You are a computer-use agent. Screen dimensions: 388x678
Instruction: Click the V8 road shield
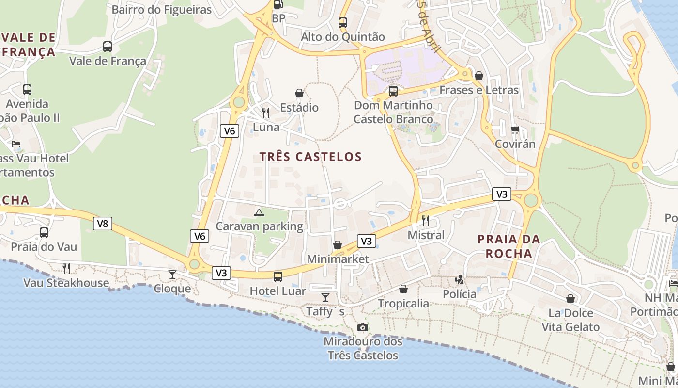pyautogui.click(x=103, y=224)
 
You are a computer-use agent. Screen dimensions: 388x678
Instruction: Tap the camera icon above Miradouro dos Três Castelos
pyautogui.click(x=362, y=327)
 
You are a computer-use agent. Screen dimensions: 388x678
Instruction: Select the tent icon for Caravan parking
pyautogui.click(x=259, y=212)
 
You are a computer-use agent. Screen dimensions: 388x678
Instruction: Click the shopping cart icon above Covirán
pyautogui.click(x=515, y=129)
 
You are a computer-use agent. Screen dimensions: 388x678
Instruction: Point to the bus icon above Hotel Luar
pyautogui.click(x=278, y=277)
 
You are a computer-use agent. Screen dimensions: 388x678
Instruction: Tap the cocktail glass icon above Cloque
pyautogui.click(x=172, y=275)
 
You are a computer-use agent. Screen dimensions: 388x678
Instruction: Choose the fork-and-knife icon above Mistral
pyautogui.click(x=426, y=221)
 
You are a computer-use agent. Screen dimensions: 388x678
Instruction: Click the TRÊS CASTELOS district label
pyautogui.click(x=310, y=157)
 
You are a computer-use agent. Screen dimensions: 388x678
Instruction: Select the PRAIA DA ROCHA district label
pyautogui.click(x=508, y=246)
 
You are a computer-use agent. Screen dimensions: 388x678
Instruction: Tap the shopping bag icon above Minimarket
pyautogui.click(x=338, y=245)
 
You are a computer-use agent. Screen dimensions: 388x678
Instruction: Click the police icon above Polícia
pyautogui.click(x=459, y=279)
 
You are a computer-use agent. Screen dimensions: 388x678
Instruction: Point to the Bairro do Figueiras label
pyautogui.click(x=162, y=10)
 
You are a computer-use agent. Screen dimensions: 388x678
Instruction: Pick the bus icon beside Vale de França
pyautogui.click(x=108, y=47)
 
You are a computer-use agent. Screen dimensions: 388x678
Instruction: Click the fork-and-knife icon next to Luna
pyautogui.click(x=266, y=113)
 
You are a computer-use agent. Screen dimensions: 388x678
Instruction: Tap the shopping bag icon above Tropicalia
pyautogui.click(x=403, y=289)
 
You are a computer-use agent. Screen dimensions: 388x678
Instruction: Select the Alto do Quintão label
pyautogui.click(x=343, y=37)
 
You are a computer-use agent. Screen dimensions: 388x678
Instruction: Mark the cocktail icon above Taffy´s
pyautogui.click(x=325, y=297)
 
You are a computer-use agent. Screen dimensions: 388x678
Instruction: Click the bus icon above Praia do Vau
pyautogui.click(x=44, y=233)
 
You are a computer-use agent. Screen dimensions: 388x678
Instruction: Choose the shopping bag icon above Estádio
pyautogui.click(x=299, y=93)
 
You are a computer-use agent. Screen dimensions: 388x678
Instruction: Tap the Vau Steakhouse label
pyautogui.click(x=66, y=283)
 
